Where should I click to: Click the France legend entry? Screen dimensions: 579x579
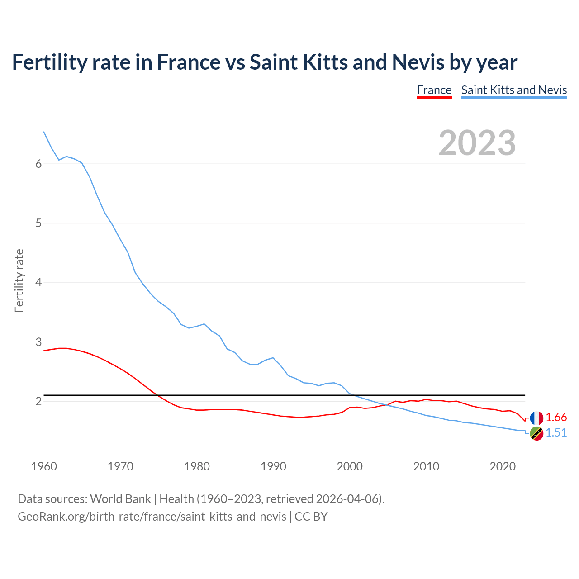pos(434,90)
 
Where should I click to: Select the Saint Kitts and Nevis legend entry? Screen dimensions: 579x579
pos(514,90)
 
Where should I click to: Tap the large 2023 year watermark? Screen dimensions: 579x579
pos(477,143)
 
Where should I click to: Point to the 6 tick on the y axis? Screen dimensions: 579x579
pos(38,164)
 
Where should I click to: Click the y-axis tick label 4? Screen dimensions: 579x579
pos(38,283)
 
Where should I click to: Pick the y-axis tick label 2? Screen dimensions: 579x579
pos(38,401)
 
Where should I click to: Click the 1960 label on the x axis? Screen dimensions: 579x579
pos(44,466)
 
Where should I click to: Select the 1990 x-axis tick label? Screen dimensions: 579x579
pos(273,466)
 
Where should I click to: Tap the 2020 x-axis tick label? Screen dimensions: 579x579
pos(503,466)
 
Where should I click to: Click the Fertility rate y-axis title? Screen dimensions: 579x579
pos(19,280)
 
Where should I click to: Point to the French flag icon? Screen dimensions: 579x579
pos(536,418)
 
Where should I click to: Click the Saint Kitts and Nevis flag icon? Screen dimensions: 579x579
pos(536,433)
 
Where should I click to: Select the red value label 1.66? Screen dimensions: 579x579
pos(556,418)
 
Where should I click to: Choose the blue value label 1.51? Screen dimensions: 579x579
pos(556,433)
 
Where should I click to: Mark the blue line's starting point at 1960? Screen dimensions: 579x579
pos(44,132)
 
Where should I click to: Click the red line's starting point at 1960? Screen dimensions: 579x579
pos(44,351)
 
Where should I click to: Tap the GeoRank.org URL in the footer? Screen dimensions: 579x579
pos(152,517)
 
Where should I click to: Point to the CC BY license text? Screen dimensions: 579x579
pos(311,517)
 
